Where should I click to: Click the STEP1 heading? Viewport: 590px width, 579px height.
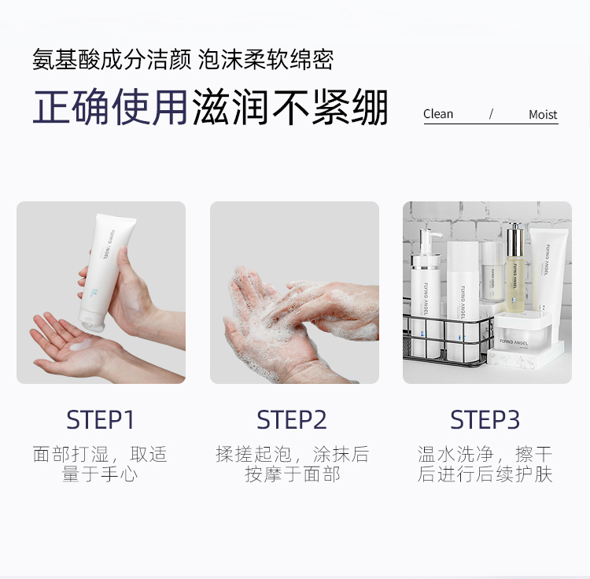100,419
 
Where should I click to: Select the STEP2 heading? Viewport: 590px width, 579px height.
292,419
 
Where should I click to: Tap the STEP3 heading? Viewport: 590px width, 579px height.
485,419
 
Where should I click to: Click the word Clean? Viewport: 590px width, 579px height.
438,114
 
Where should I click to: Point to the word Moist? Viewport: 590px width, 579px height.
543,114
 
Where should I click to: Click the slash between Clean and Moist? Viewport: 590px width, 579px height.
491,114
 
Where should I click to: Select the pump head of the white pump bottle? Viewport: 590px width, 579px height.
429,241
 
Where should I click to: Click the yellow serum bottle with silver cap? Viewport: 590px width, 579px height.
515,268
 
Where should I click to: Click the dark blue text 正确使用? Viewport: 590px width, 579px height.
110,107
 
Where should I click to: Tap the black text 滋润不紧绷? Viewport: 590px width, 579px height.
290,107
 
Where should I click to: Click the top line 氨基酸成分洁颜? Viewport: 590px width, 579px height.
112,60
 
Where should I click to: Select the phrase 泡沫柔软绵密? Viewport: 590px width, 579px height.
266,60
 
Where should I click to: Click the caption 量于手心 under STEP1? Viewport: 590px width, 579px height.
100,474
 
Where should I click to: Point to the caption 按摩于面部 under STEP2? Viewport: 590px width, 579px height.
293,474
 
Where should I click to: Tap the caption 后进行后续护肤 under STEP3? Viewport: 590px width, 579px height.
485,474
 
